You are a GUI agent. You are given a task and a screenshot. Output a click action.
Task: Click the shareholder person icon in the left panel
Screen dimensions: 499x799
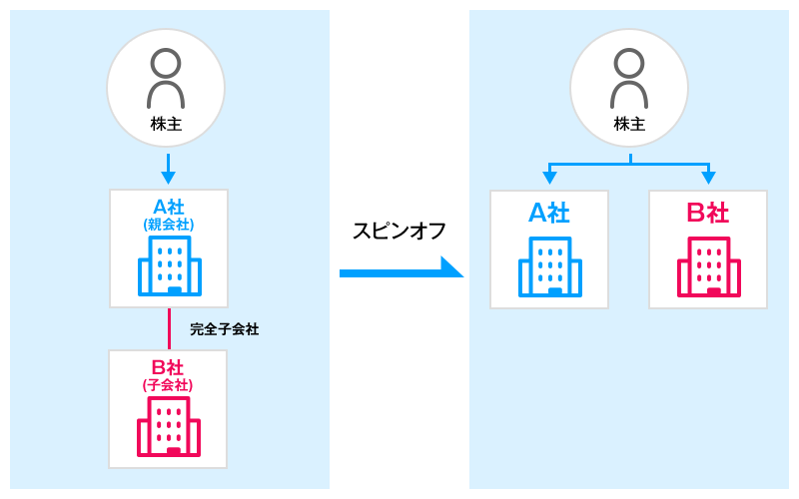(x=166, y=78)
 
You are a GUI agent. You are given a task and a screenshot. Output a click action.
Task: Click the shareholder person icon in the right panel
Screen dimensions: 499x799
(x=629, y=78)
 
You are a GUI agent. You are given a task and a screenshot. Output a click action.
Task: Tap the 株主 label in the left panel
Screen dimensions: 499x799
(x=166, y=125)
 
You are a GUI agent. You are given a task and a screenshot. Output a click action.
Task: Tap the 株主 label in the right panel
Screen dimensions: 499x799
(x=629, y=125)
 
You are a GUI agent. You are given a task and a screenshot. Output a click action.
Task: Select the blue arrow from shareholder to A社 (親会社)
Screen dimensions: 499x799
(x=168, y=168)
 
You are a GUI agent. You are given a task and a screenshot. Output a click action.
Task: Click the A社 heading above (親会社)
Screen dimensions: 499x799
(x=168, y=207)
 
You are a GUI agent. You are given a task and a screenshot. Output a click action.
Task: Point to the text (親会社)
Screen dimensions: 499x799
(x=168, y=225)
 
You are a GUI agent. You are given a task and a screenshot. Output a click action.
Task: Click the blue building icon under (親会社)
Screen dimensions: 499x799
(x=169, y=265)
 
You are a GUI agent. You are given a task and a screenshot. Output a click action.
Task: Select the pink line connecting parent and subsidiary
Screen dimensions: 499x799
(x=169, y=328)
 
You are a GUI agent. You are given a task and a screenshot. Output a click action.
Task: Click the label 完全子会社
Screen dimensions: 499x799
(x=224, y=328)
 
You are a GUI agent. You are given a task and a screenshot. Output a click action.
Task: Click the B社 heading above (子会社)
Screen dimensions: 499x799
(x=168, y=367)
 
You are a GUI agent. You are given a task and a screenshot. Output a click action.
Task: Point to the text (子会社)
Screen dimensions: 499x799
(x=168, y=385)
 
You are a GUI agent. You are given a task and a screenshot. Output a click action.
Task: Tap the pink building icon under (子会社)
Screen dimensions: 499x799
(x=169, y=426)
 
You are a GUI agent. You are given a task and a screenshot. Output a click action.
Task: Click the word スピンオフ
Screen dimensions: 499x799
(x=399, y=231)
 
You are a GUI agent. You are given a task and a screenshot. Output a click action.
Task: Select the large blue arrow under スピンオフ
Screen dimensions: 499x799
(x=399, y=270)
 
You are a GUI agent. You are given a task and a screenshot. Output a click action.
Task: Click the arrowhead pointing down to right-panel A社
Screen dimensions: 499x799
(x=549, y=178)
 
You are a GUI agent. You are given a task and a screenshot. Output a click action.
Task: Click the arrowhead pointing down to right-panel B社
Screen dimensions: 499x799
(x=709, y=178)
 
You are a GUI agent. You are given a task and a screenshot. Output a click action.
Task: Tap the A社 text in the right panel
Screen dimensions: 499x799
(x=548, y=213)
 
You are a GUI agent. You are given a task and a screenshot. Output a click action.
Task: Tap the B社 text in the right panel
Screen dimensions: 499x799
(x=708, y=213)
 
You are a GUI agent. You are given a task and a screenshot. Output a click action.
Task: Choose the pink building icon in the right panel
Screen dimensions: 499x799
(x=708, y=266)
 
